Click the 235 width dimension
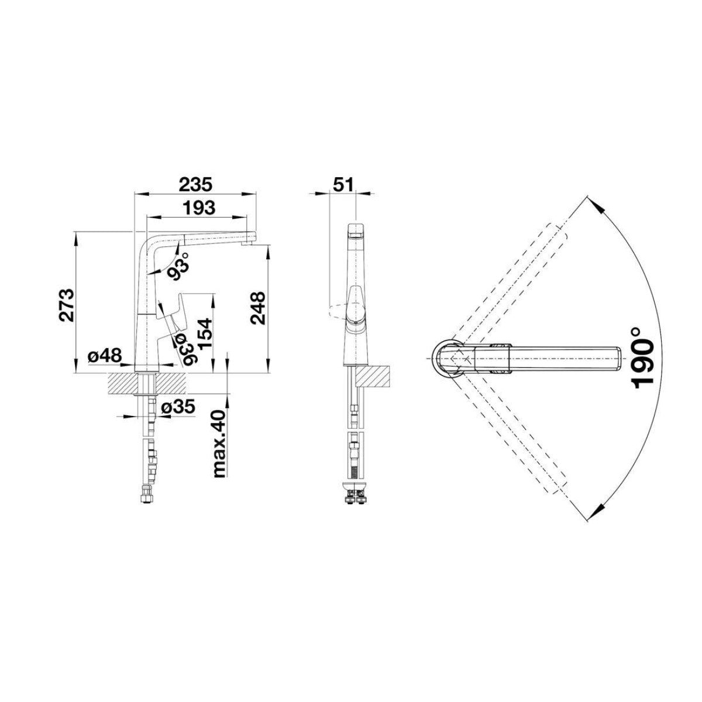[195, 184]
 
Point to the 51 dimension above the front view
[343, 184]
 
